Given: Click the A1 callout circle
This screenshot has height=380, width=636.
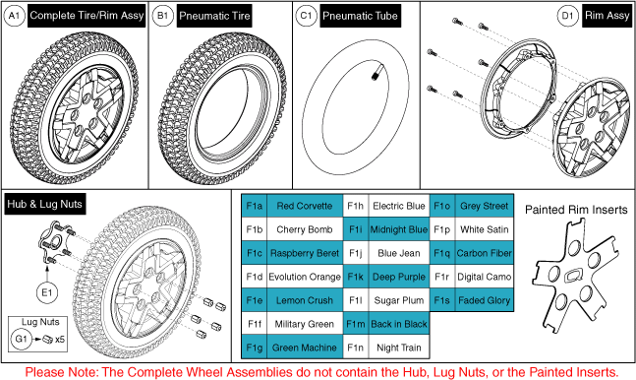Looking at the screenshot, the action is coord(14,16).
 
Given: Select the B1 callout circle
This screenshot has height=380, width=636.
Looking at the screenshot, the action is coord(162,16).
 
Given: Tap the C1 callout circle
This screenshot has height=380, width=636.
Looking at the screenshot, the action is coord(306,16).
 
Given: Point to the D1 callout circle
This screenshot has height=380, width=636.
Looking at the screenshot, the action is coord(567,16).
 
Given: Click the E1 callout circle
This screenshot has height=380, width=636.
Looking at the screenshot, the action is coord(47,292).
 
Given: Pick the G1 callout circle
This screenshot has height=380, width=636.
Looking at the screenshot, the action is coord(22,339).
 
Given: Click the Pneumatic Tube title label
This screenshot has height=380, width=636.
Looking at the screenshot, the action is coord(360,16).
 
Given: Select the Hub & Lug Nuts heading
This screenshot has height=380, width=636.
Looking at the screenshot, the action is coord(44,204).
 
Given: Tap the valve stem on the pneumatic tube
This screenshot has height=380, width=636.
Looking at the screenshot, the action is coord(375,75).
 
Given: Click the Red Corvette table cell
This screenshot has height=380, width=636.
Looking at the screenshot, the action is coord(305,206).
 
